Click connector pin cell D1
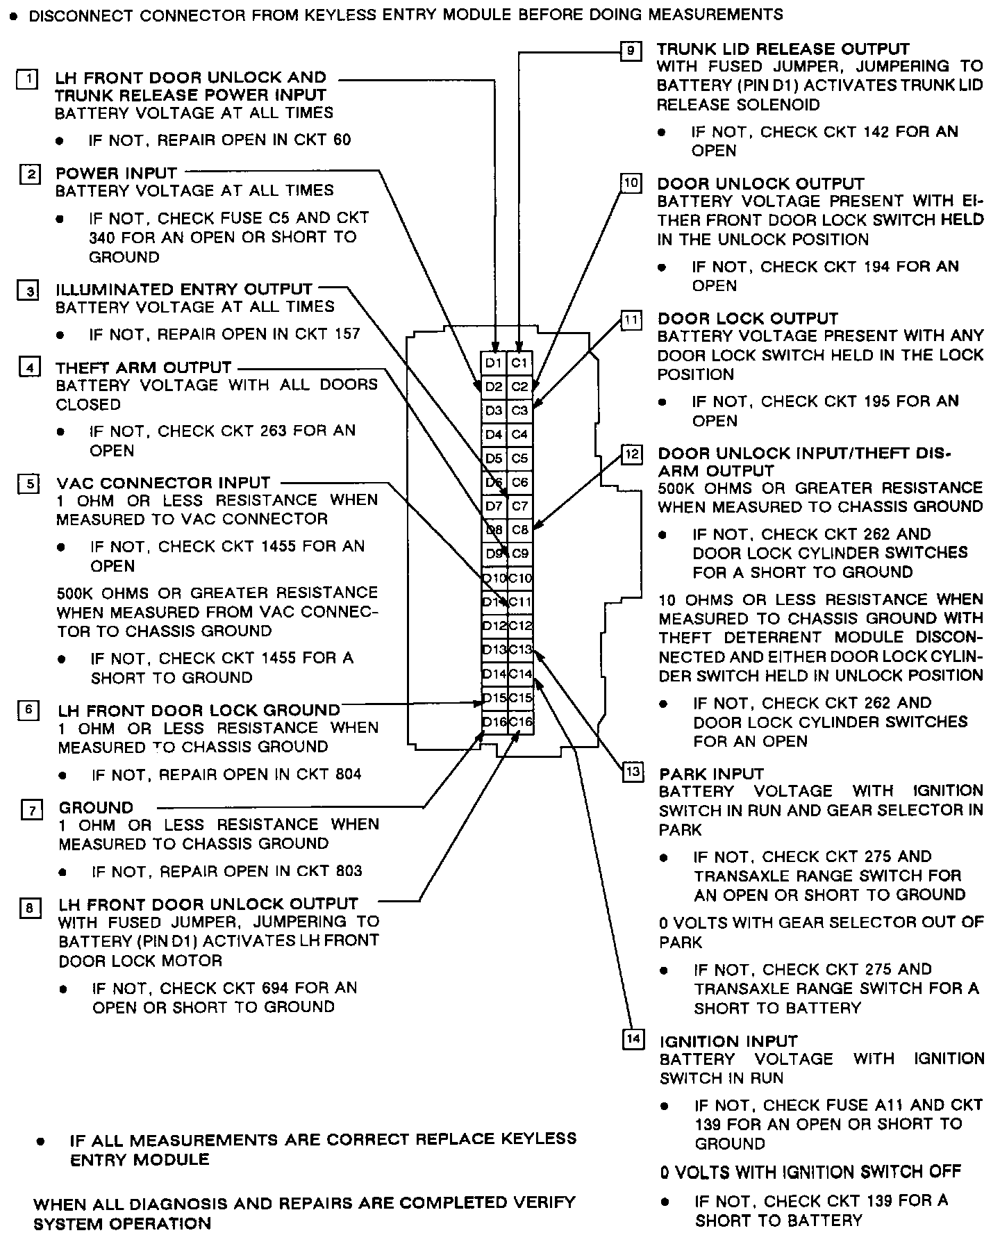[494, 363]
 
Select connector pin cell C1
[520, 363]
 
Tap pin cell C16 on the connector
[520, 722]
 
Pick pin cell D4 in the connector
[494, 434]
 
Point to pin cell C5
[520, 458]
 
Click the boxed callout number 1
[27, 79]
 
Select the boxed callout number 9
[631, 51]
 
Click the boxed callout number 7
[32, 810]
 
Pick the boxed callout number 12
[632, 455]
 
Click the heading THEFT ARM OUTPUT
[144, 367]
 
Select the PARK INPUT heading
[711, 774]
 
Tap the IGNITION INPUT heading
[728, 1041]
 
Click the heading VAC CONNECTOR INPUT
[163, 483]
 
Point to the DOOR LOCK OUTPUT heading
[748, 319]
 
